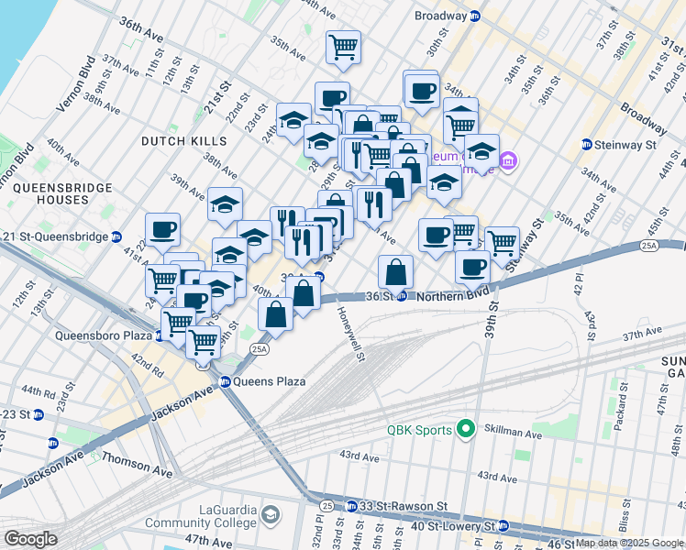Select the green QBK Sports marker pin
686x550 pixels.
tap(465, 429)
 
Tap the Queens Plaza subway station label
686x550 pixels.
tap(269, 380)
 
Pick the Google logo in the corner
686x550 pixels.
tap(30, 539)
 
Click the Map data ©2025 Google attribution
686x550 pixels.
tap(628, 543)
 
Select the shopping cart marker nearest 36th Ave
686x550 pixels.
tap(344, 47)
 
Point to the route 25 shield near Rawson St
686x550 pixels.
tap(327, 505)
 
